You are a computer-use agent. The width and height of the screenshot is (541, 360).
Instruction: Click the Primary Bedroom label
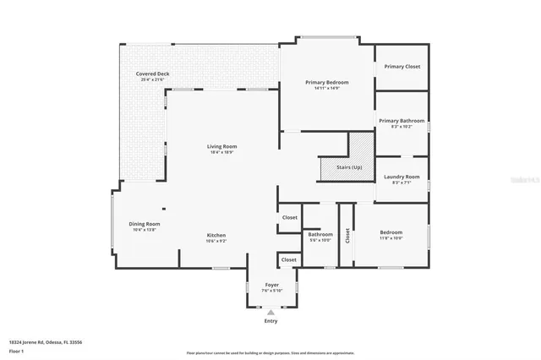(x=326, y=82)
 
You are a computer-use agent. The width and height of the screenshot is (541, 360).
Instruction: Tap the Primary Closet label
(x=402, y=66)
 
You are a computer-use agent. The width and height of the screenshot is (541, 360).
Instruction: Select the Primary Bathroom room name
(x=402, y=121)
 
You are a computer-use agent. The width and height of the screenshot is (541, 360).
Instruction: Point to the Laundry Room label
(x=402, y=176)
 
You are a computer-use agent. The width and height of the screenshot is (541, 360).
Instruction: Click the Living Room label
(x=221, y=147)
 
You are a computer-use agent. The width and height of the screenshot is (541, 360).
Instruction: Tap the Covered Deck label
(x=152, y=74)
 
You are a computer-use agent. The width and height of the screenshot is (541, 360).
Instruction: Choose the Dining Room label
(x=144, y=224)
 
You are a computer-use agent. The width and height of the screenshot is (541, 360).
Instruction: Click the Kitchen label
(x=216, y=235)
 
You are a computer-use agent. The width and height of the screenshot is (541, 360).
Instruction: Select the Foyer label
(x=271, y=285)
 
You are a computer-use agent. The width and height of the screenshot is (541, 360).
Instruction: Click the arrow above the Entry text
(x=271, y=312)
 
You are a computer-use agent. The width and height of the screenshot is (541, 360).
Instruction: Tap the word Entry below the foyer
(x=271, y=321)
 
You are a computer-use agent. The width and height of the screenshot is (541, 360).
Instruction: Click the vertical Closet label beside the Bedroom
(x=347, y=236)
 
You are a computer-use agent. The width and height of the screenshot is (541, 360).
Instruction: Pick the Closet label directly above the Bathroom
(x=289, y=217)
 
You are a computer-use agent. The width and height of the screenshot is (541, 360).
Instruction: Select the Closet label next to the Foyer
(x=289, y=259)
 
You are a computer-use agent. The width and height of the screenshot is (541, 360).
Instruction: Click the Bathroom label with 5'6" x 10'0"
(x=320, y=234)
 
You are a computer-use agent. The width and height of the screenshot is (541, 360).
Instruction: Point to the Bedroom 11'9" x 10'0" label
(x=391, y=232)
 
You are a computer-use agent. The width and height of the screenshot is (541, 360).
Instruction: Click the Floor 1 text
(x=16, y=350)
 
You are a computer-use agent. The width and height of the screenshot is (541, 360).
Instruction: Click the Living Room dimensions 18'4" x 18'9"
(x=221, y=153)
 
